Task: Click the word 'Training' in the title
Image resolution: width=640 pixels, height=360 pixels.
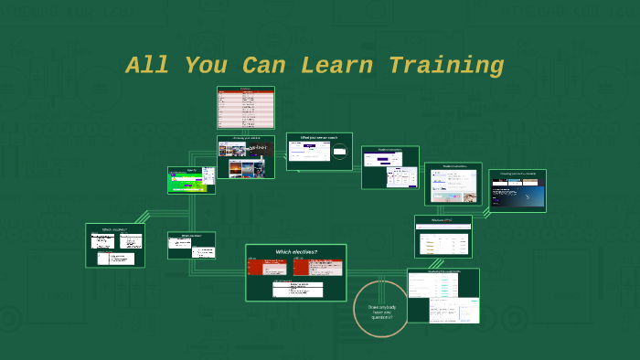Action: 446,66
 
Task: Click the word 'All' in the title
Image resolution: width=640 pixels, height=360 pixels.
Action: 146,66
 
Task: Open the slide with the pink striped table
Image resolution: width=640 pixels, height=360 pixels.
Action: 245,108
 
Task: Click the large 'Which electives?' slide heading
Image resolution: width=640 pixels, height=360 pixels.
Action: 295,251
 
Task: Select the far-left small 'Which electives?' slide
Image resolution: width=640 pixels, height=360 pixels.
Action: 115,246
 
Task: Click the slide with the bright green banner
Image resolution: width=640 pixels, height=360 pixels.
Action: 191,180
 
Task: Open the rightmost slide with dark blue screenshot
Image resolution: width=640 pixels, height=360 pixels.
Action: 517,191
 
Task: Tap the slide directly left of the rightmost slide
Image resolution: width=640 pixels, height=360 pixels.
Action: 453,184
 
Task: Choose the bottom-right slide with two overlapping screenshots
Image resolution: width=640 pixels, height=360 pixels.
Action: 443,295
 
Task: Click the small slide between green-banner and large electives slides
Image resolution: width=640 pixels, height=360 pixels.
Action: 191,245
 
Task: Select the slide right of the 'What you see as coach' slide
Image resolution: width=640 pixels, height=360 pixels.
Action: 390,168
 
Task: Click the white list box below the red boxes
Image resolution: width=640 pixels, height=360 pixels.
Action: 297,289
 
